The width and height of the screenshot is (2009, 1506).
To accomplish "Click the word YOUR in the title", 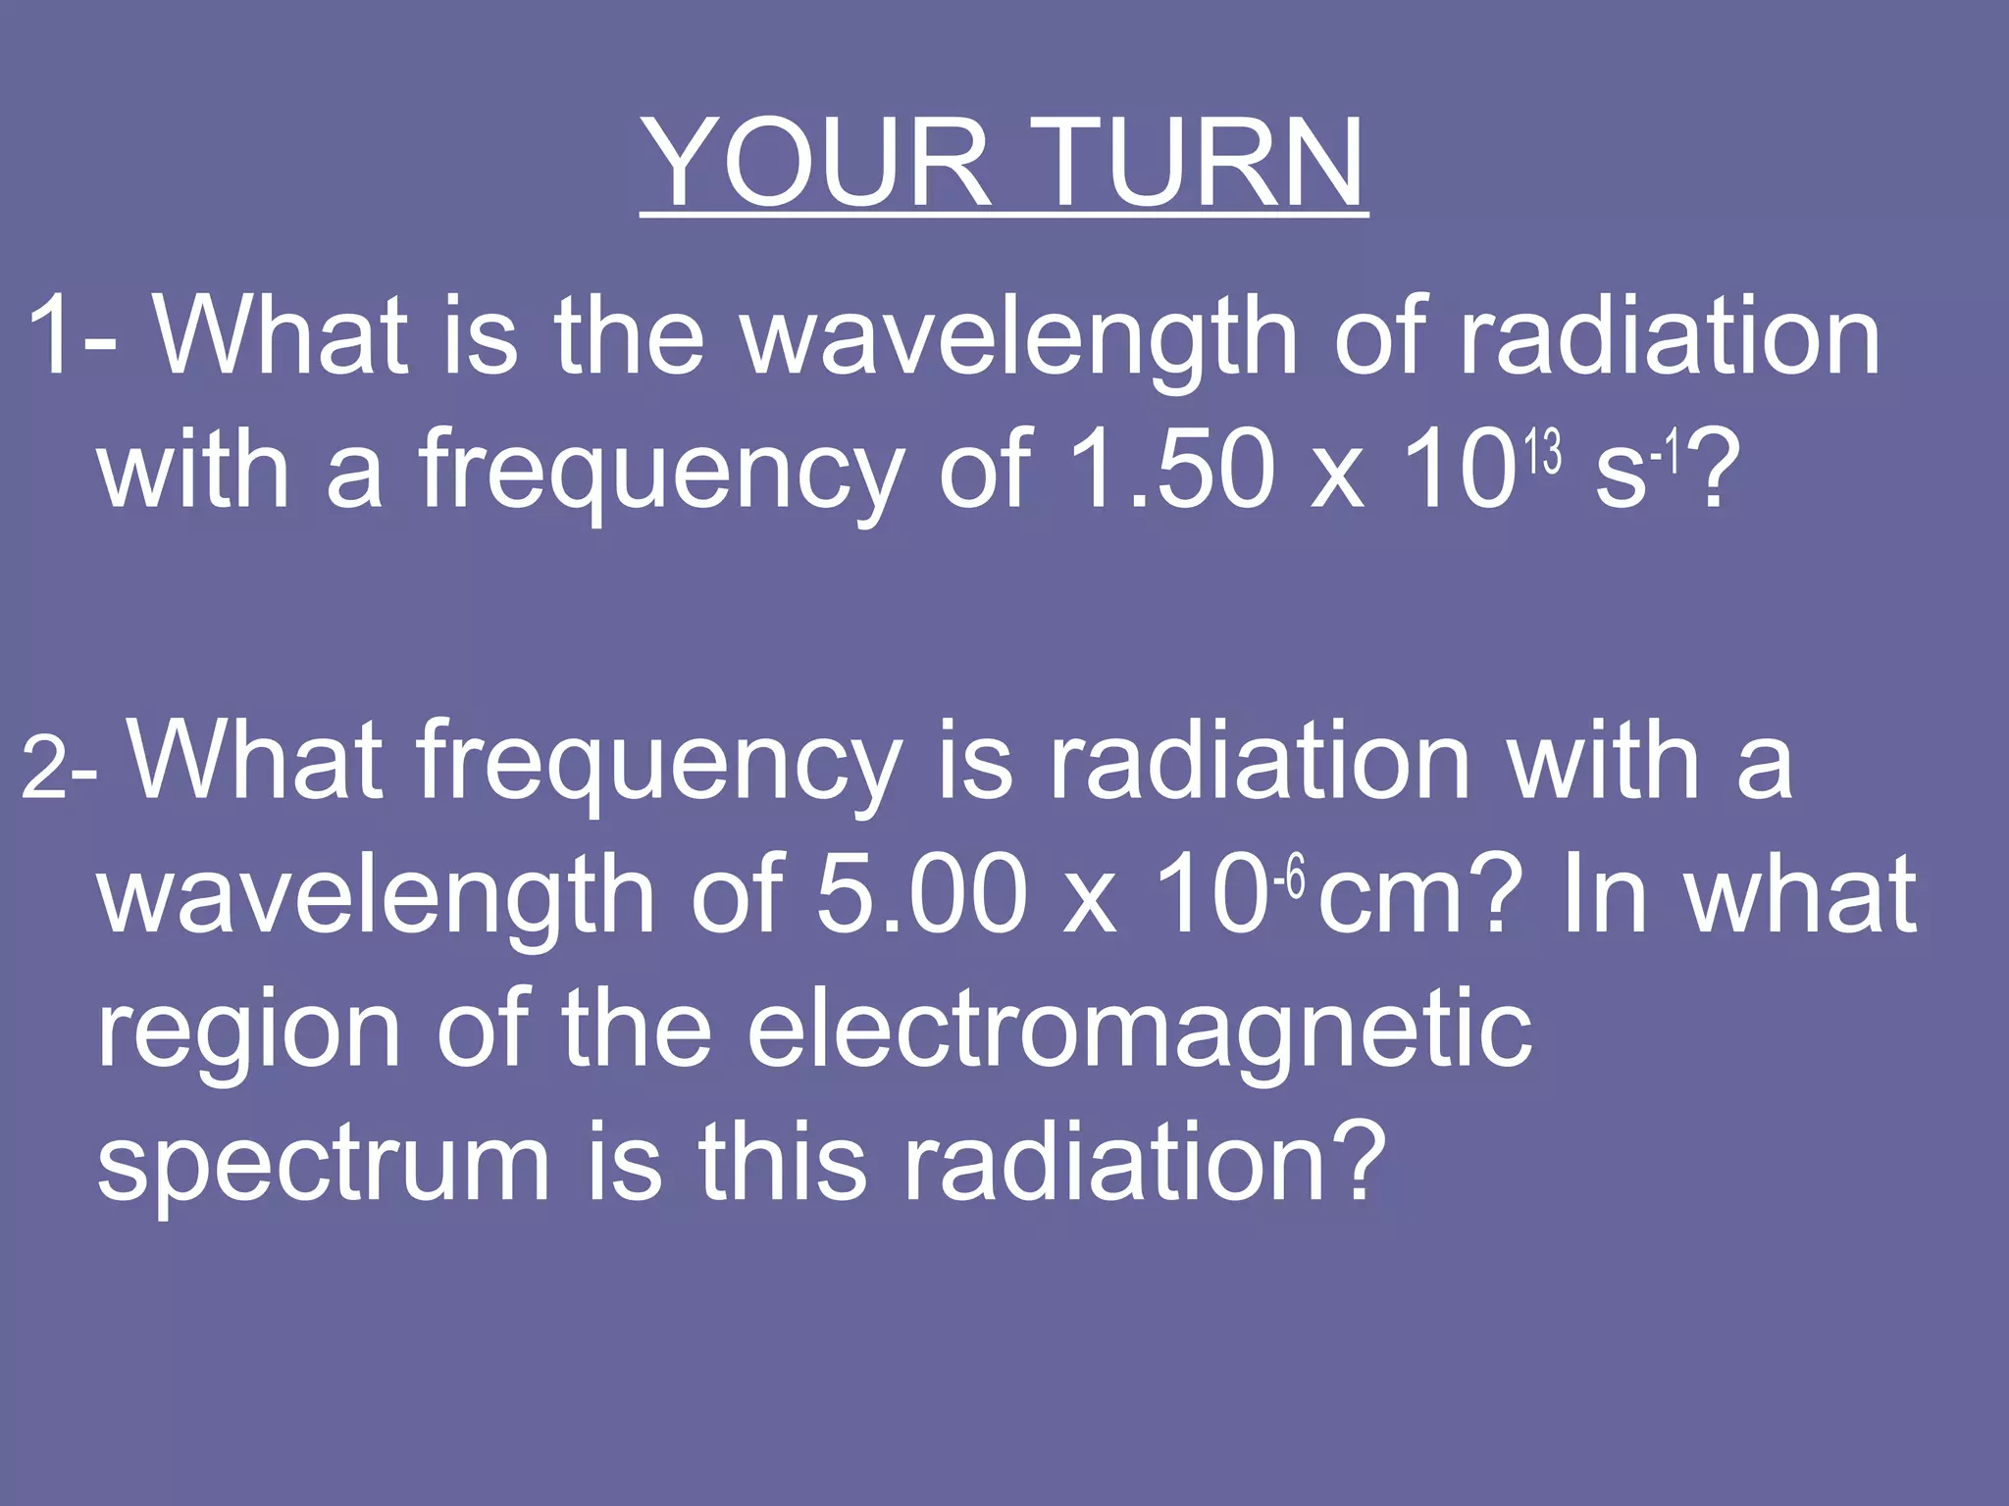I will [x=818, y=163].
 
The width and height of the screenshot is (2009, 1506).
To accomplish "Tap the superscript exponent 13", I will [x=1543, y=454].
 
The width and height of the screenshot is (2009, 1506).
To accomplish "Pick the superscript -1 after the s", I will [x=1666, y=454].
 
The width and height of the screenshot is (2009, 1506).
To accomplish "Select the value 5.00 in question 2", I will [x=922, y=895].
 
